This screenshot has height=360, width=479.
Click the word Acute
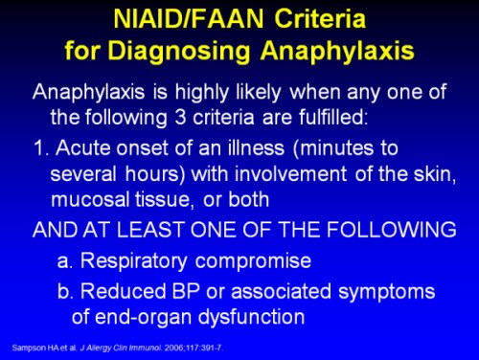74,149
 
